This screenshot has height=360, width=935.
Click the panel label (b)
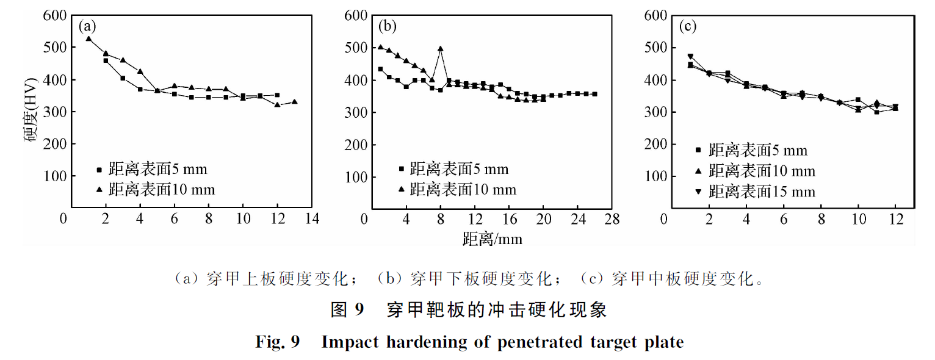point(387,26)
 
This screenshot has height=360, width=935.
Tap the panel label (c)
point(687,26)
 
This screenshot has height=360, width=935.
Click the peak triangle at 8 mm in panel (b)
point(440,49)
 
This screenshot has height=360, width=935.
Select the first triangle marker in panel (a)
point(88,39)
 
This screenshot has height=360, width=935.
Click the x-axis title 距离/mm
point(492,239)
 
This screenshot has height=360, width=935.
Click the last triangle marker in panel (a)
point(294,102)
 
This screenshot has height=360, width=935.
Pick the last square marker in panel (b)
point(594,94)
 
